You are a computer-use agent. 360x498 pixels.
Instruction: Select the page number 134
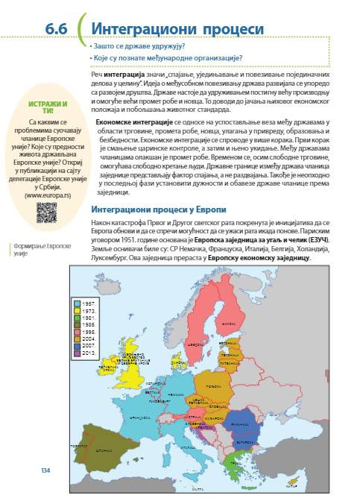coord(45,470)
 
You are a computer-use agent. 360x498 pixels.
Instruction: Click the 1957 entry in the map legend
coord(87,303)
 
